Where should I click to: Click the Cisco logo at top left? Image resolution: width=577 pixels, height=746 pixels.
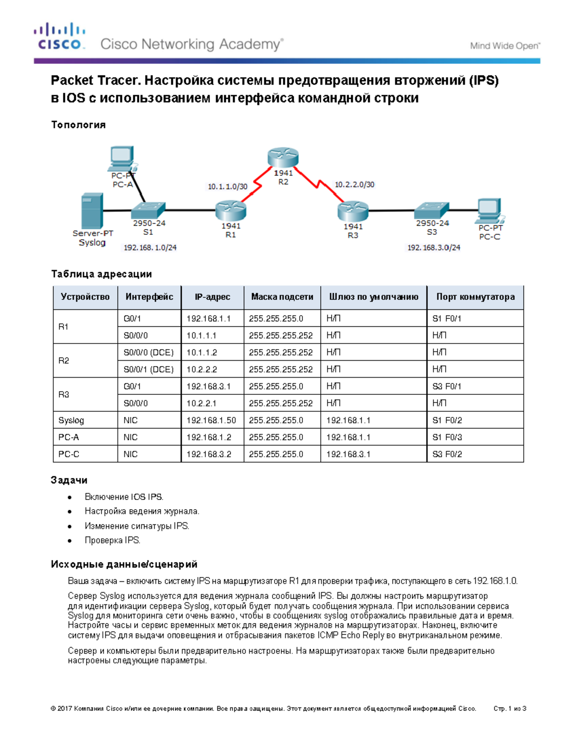click(60, 37)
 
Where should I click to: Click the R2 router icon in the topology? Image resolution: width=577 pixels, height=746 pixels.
click(283, 158)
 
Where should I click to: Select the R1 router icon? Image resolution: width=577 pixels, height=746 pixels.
click(231, 210)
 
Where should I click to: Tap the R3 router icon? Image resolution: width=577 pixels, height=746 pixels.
click(353, 211)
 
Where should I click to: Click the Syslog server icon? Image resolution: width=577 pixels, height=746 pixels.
click(92, 211)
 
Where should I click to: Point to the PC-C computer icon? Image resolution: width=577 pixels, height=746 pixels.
click(489, 210)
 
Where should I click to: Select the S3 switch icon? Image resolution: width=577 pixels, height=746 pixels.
click(432, 209)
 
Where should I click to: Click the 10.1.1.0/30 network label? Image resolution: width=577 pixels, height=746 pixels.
click(227, 186)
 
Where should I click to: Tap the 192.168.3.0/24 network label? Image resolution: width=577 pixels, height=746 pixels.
click(434, 247)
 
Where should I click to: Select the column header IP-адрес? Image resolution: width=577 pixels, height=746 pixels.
click(212, 297)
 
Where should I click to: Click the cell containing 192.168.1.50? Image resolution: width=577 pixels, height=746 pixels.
click(211, 420)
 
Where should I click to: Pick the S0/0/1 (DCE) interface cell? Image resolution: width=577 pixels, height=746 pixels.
click(149, 369)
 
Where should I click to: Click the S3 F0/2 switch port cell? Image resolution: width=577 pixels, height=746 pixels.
click(447, 454)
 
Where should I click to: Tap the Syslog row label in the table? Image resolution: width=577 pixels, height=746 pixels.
click(71, 420)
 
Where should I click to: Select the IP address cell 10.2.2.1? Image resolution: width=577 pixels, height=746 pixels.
click(201, 404)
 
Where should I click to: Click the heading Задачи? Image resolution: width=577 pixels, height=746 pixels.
click(69, 480)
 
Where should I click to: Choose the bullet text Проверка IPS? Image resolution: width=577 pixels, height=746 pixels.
click(113, 540)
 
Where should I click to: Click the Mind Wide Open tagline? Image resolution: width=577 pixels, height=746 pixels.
click(505, 46)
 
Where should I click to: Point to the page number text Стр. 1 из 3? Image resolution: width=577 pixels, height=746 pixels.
click(510, 709)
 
